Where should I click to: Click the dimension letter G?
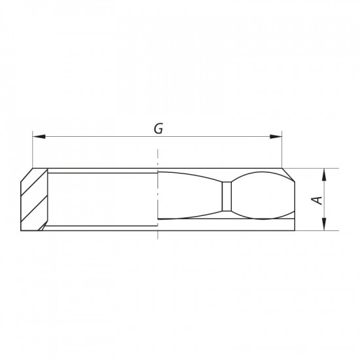158,128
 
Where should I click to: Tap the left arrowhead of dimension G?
37,137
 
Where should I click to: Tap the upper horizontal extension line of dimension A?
314,168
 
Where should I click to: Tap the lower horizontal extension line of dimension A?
314,230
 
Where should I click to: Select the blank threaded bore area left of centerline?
101,196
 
